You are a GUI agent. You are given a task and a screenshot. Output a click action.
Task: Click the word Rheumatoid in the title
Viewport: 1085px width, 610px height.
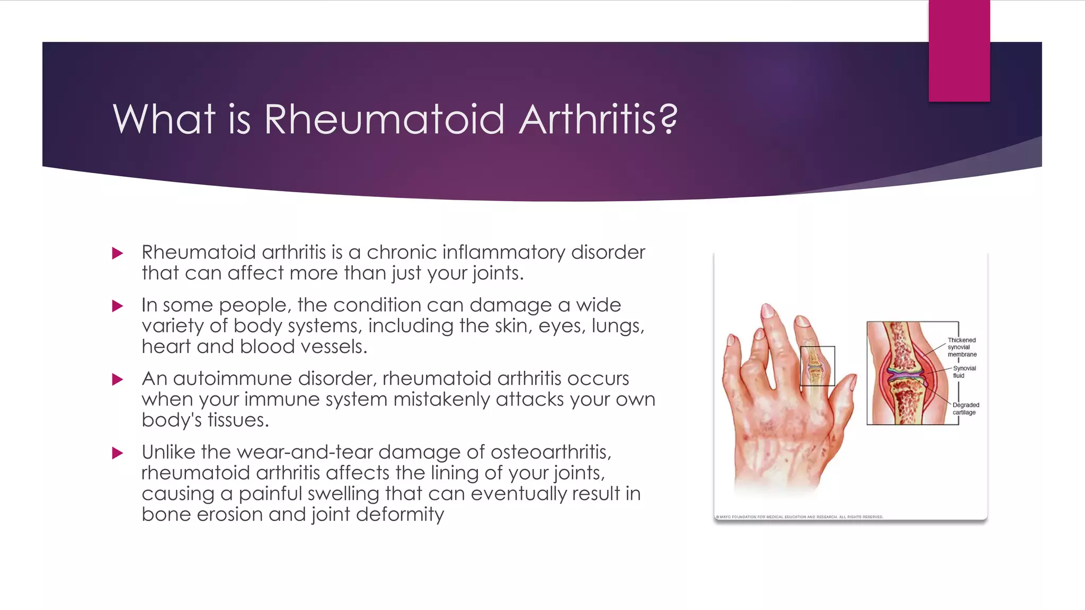click(384, 119)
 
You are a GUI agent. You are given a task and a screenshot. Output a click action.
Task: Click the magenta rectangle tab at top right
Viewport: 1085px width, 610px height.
click(959, 51)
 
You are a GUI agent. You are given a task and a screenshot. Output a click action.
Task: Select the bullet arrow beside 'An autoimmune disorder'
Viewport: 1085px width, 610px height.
click(118, 380)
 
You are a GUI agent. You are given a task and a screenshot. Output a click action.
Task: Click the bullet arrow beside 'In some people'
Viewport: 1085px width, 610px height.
click(118, 306)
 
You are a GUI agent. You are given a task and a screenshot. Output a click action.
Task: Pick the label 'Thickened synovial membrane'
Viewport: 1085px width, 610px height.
click(962, 347)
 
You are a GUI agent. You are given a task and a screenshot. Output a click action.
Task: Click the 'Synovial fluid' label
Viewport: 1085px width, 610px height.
click(964, 372)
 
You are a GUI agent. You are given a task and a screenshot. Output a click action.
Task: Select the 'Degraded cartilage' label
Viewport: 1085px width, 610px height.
click(965, 409)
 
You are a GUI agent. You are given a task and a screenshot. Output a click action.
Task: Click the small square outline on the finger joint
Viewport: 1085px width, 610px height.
click(817, 366)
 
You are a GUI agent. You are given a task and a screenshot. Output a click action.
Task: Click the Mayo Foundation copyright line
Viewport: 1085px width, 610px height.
click(799, 517)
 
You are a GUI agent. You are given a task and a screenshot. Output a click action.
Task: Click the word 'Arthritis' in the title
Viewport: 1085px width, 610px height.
click(588, 119)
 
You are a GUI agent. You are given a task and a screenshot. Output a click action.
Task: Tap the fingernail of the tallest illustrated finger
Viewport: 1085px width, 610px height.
click(767, 311)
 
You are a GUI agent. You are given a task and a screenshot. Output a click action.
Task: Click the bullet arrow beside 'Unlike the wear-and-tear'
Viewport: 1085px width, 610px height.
click(118, 453)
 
